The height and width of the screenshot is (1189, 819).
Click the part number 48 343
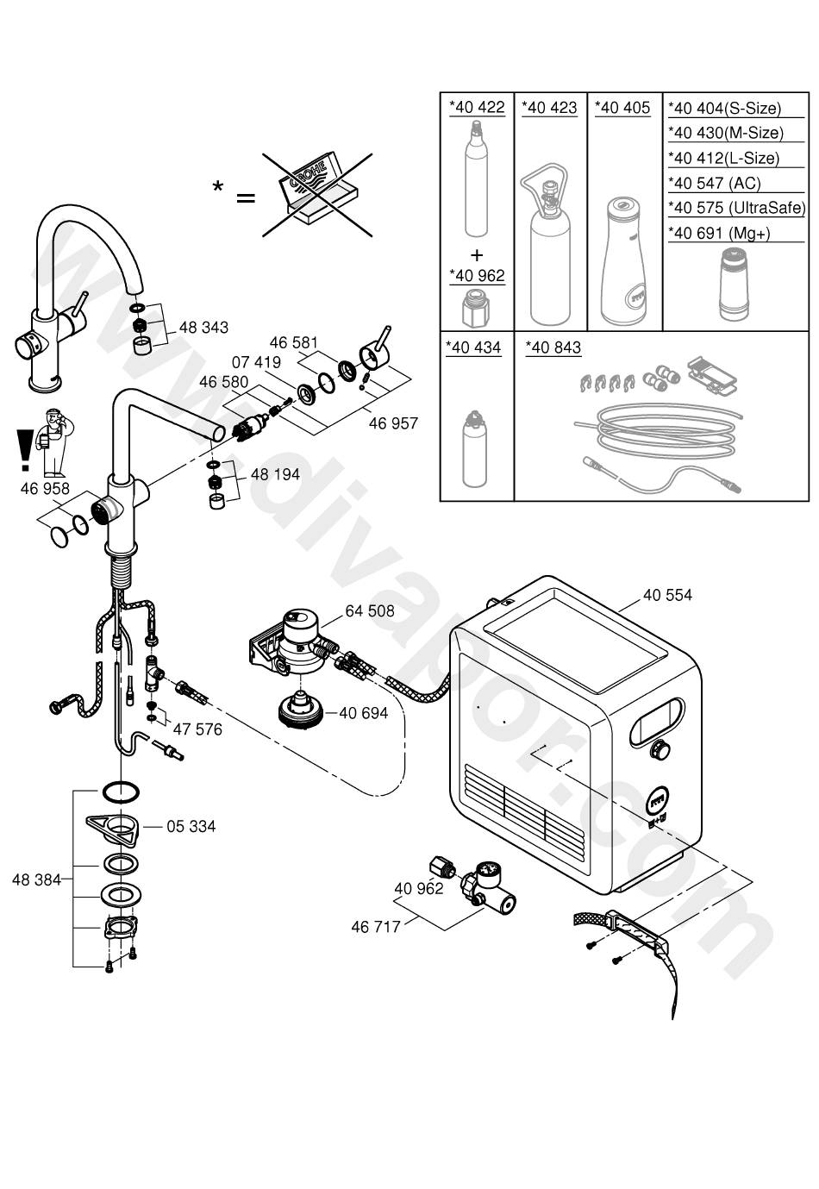pyautogui.click(x=203, y=328)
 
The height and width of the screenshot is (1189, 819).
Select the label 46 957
pyautogui.click(x=393, y=423)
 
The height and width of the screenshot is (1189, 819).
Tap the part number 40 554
pyautogui.click(x=667, y=595)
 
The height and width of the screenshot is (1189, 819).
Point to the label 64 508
pyautogui.click(x=370, y=611)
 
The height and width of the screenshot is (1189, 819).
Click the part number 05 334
pyautogui.click(x=191, y=827)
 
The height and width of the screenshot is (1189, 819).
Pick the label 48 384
pyautogui.click(x=36, y=879)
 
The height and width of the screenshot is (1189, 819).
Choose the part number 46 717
pyautogui.click(x=375, y=927)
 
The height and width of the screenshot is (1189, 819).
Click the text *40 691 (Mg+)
pyautogui.click(x=719, y=233)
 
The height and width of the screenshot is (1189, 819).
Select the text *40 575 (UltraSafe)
pyautogui.click(x=737, y=208)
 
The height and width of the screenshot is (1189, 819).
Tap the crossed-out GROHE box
pyautogui.click(x=317, y=194)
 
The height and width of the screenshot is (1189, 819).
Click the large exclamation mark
pyautogui.click(x=24, y=450)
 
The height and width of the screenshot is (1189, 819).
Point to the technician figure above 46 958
pyautogui.click(x=53, y=442)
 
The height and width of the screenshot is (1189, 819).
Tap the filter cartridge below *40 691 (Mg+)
pyautogui.click(x=734, y=285)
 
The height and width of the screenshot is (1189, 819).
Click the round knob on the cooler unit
pyautogui.click(x=660, y=749)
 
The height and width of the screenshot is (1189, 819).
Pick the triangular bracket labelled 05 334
pyautogui.click(x=113, y=827)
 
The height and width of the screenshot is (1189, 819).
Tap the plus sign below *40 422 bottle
pyautogui.click(x=477, y=255)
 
